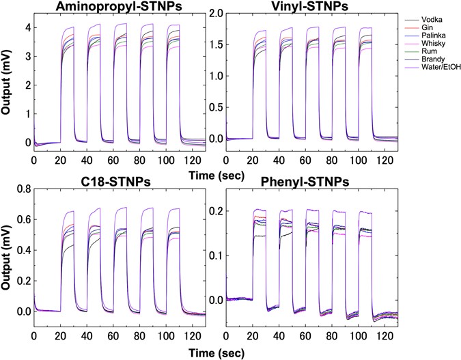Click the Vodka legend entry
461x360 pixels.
[431, 22]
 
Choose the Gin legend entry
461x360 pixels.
[428, 31]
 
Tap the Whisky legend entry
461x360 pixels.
[432, 50]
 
